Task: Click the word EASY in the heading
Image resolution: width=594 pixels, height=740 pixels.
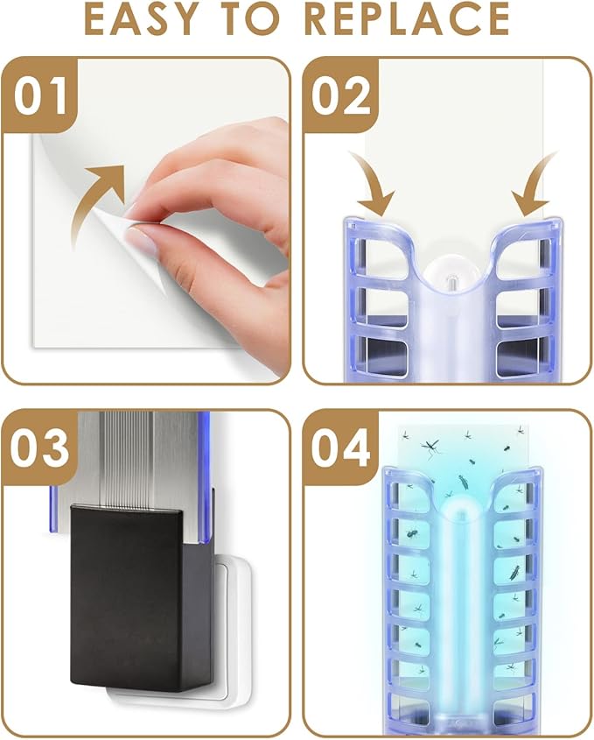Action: [142, 19]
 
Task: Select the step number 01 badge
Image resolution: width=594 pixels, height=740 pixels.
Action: [40, 95]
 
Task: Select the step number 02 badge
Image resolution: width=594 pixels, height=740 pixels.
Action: [341, 95]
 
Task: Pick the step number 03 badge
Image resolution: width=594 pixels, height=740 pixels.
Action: [40, 448]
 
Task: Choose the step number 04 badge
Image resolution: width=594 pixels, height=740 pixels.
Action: [341, 448]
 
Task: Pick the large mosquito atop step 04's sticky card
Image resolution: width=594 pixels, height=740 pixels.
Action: [430, 448]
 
